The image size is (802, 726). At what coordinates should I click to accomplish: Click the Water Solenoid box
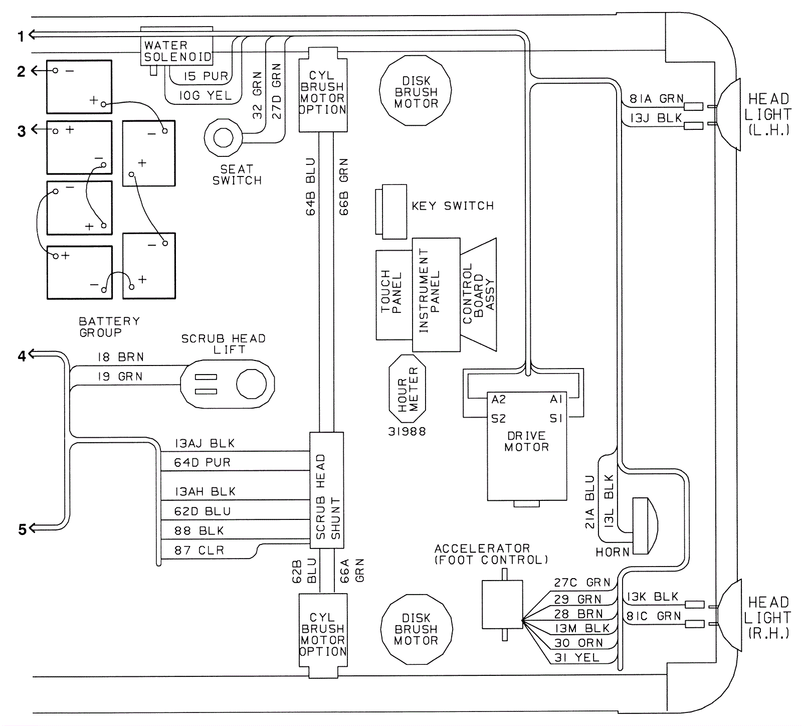coord(176,51)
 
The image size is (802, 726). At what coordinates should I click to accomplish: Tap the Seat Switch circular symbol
coord(223,137)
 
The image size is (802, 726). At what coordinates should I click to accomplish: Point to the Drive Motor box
coord(527,446)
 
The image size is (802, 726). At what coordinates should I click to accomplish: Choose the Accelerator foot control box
coord(502,604)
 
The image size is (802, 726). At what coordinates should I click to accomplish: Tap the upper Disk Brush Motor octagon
coord(416,91)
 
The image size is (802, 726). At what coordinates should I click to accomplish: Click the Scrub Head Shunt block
coord(327,495)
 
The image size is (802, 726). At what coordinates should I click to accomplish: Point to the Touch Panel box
coord(393,294)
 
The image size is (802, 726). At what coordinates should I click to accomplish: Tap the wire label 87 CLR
coord(199,551)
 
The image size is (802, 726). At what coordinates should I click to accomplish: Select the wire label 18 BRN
coord(120,357)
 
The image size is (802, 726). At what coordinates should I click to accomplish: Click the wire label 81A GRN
coord(656,99)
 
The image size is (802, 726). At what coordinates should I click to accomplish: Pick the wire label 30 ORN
coord(578,643)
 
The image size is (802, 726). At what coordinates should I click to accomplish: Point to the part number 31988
coord(407,432)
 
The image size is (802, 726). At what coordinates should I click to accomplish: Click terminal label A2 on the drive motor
coord(499,400)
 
